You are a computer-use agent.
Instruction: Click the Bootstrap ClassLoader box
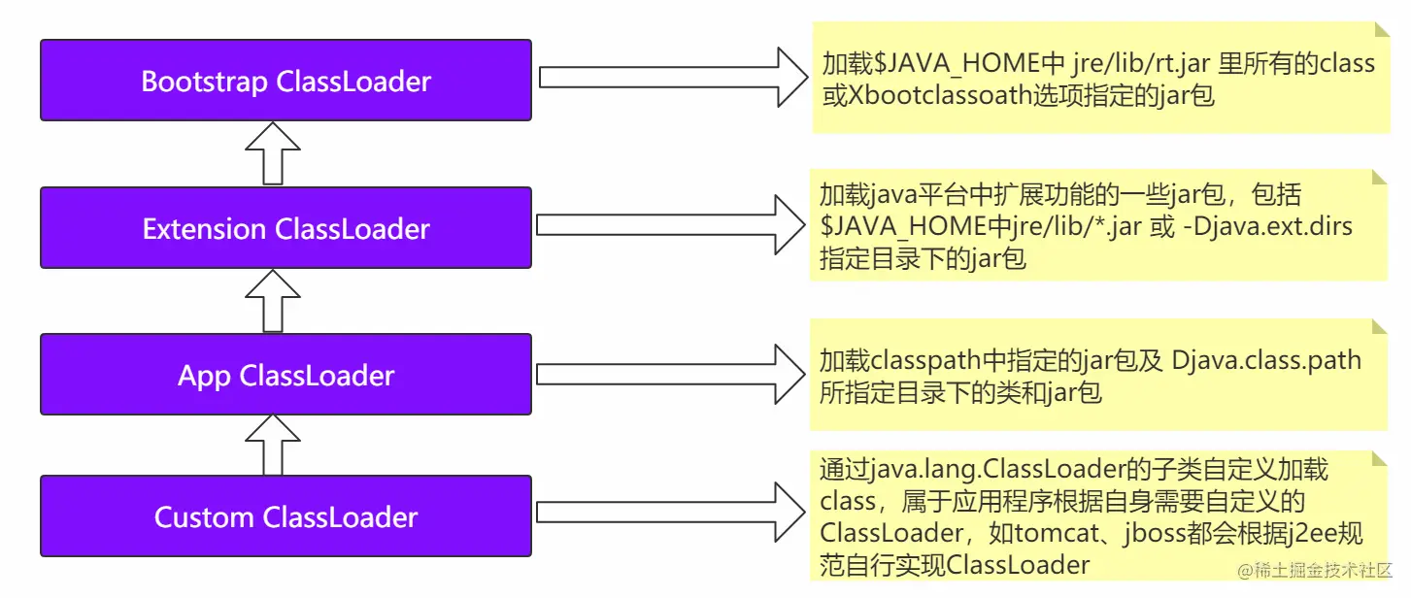coord(286,80)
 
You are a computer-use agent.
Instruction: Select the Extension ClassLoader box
coord(286,228)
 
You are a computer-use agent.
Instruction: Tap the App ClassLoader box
coord(286,375)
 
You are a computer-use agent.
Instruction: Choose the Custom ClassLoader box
coord(286,516)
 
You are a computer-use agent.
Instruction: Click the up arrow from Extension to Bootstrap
coord(273,153)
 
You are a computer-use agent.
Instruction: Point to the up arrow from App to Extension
coord(273,301)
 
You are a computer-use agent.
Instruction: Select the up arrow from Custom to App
coord(273,445)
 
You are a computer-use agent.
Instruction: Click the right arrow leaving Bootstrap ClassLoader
coord(673,77)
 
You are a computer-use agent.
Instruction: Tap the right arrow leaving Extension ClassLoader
coord(671,224)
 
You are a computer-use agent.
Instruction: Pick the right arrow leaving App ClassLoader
coord(671,374)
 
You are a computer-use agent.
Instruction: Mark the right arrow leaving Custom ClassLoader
coord(671,513)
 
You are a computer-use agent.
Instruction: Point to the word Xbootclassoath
coord(940,96)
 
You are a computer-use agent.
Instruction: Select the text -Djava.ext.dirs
coord(1267,226)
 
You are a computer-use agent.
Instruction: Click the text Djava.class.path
coord(1266,361)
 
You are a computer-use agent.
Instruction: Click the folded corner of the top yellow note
coord(1382,29)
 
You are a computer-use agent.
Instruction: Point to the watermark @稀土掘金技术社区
coord(1315,570)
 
